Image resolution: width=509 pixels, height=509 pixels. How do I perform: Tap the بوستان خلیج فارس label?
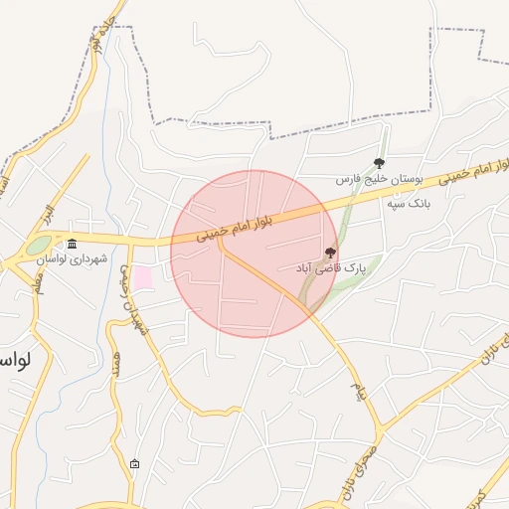tap(378, 180)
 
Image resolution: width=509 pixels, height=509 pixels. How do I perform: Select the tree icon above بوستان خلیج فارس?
tap(379, 163)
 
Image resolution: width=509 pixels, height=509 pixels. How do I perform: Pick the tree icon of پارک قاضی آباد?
tap(330, 252)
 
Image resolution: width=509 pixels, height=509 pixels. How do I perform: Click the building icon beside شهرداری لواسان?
tap(71, 245)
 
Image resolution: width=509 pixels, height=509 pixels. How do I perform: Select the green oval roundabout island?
tap(38, 245)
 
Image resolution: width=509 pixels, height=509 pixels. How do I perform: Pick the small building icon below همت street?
tap(134, 463)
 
